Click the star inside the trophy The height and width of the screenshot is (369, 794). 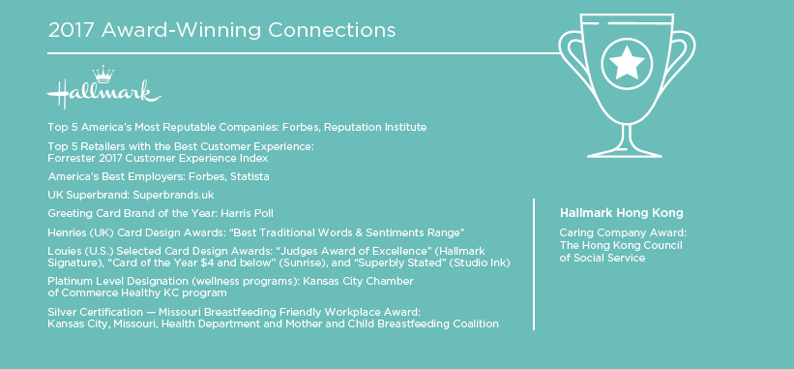(627, 62)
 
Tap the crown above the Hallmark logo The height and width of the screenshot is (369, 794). (103, 74)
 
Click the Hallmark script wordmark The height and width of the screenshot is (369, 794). (103, 93)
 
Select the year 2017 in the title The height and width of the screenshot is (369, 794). (71, 30)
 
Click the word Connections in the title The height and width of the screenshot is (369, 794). (332, 30)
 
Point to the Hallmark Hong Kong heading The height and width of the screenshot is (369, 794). (621, 213)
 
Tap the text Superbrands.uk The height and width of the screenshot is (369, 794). (166, 195)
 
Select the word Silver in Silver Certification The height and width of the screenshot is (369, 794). (60, 312)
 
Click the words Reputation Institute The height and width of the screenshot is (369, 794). (375, 127)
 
